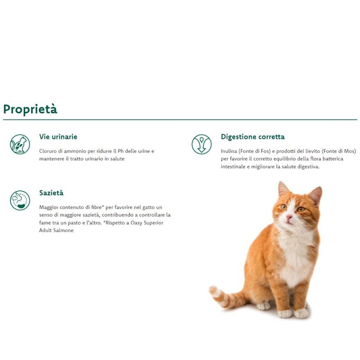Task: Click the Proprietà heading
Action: coord(30,109)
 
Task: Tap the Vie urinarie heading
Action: coord(58,137)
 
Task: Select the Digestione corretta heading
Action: coord(252,137)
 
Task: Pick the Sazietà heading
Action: coord(51,193)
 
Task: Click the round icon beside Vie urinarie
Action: coord(20,144)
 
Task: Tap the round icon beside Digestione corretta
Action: coord(201,144)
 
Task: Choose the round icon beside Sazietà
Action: coord(20,200)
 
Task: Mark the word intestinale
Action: coord(235,166)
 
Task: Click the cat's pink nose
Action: coord(289,216)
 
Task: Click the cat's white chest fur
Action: coord(295,252)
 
